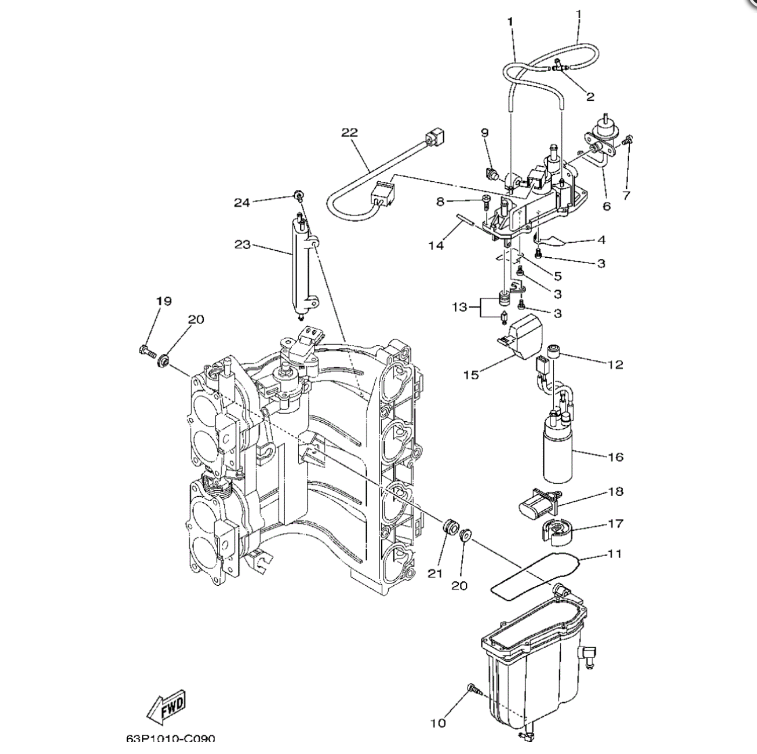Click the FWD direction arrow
point(167,707)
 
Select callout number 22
point(349,133)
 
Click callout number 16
point(615,457)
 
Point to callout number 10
point(438,723)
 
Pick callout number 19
point(164,301)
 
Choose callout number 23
point(243,245)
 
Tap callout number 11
point(615,554)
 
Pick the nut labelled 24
point(297,194)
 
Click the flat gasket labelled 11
point(534,575)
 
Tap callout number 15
point(471,374)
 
